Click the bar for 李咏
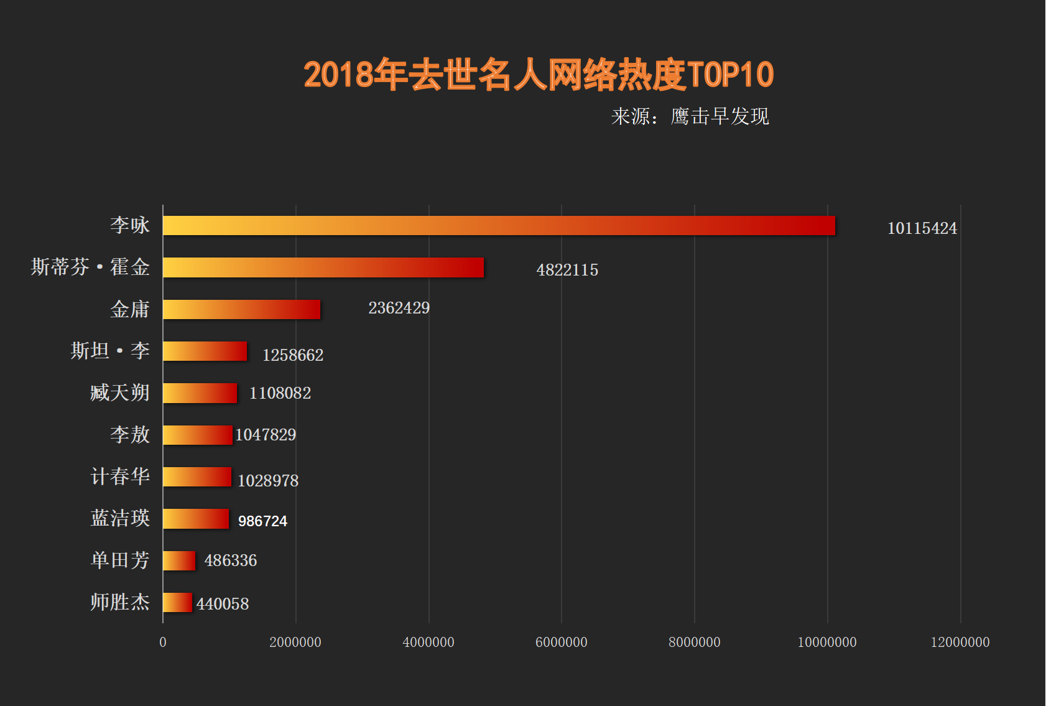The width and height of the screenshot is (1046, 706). point(499,226)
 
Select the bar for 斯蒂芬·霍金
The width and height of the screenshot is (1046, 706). point(323,267)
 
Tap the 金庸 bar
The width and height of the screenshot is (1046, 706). point(242,309)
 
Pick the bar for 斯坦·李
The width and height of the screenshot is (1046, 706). point(205,351)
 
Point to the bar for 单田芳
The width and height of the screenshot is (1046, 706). point(179,560)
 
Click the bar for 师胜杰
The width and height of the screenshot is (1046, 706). point(178,602)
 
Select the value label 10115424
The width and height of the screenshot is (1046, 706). point(922,228)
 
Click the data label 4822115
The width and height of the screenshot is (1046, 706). point(567,270)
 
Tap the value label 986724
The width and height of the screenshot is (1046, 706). point(262,521)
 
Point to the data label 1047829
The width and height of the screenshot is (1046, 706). point(266,435)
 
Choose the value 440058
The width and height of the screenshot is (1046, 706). point(222,604)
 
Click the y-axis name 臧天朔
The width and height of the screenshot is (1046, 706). point(120,392)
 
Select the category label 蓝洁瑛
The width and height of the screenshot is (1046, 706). point(120,518)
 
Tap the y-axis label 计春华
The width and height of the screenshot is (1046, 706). point(120,476)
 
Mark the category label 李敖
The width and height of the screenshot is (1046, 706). point(130,434)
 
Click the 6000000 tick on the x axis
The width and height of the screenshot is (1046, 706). point(561,642)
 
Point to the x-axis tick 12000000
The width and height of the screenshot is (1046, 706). point(960,642)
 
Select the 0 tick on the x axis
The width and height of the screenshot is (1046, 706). point(163,642)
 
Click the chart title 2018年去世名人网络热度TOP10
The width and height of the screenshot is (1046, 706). point(539,75)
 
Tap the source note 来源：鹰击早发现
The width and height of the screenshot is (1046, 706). point(690,116)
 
